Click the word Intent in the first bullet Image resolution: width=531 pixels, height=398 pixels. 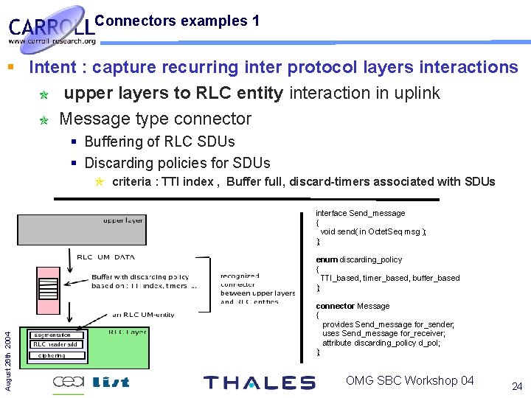point(54,67)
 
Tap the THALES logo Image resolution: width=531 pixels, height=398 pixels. point(259,382)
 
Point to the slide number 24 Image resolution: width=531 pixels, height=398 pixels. point(516,385)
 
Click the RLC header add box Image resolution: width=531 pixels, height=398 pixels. point(55,344)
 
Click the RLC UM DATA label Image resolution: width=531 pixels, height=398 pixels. point(106,257)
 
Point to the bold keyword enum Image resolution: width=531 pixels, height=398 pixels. point(327,259)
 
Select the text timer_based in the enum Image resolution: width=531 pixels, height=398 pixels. point(382,278)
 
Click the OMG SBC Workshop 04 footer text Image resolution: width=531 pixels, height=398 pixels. point(409,380)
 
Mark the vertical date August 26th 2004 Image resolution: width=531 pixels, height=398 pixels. point(7,350)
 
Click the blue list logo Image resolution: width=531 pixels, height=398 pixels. point(111,382)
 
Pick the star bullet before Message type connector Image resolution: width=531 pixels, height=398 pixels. point(44,119)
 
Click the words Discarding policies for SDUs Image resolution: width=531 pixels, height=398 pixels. point(177,163)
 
